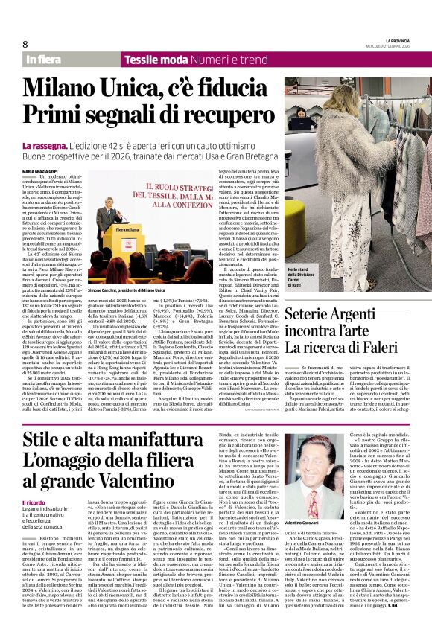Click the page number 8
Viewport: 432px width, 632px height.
coord(25,44)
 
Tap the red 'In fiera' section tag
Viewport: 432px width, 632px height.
coord(44,59)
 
